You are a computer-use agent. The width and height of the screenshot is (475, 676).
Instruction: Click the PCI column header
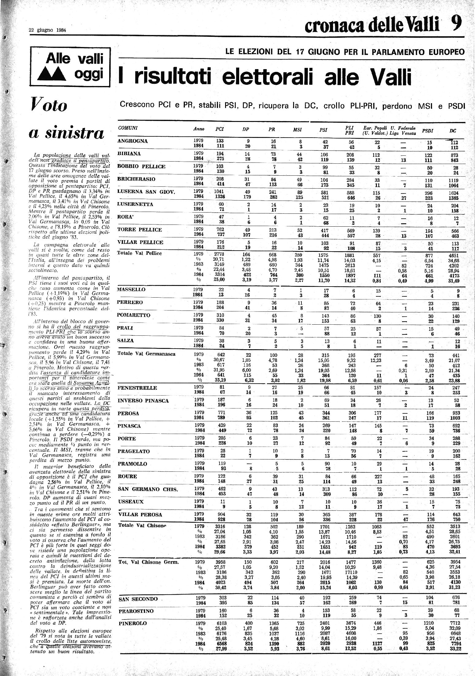tap(220, 130)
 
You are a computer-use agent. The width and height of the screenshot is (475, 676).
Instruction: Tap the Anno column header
tap(199, 129)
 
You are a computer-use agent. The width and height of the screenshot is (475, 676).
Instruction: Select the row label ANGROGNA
tap(132, 141)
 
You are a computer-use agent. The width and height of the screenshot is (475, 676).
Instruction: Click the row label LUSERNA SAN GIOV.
tap(146, 192)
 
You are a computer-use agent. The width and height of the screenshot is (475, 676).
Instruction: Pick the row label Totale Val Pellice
tap(140, 253)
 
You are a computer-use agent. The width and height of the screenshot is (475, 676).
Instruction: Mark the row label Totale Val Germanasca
tap(146, 354)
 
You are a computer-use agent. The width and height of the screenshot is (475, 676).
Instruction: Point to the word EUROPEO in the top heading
tap(446, 52)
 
